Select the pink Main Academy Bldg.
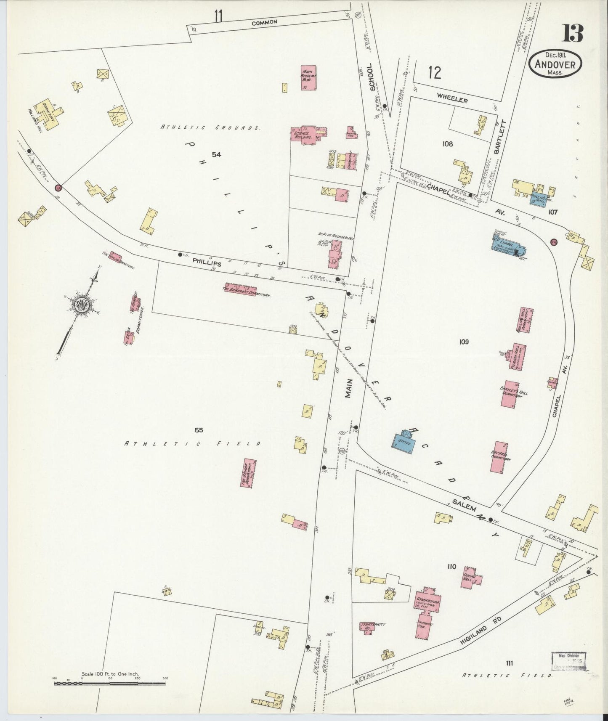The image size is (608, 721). pos(309,77)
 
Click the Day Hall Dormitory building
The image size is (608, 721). pos(499,457)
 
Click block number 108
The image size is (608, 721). pos(447,144)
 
